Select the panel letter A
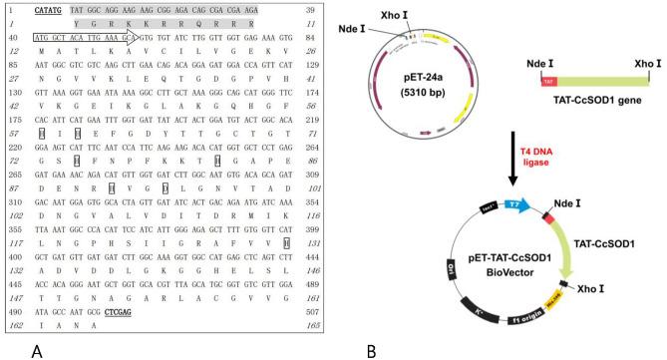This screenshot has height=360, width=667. pos(36,350)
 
